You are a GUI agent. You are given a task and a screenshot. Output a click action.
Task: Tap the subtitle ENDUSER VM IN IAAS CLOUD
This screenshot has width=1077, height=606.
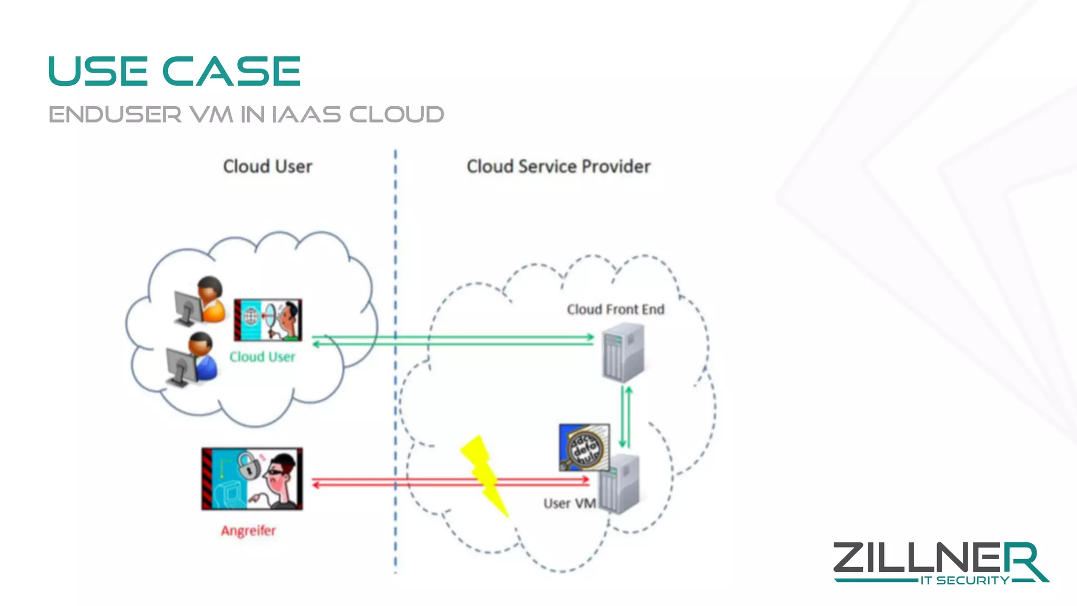246,115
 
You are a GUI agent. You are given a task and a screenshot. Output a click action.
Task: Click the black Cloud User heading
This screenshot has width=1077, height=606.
268,167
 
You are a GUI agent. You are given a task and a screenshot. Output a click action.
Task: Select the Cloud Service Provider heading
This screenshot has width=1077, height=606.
558,167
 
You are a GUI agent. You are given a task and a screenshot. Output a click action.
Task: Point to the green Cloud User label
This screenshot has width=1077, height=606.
262,357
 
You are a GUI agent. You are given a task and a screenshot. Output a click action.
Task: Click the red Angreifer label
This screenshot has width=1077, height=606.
248,531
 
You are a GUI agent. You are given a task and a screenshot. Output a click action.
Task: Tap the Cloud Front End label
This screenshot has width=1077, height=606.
615,309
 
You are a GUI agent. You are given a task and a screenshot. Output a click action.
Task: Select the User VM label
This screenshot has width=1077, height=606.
570,503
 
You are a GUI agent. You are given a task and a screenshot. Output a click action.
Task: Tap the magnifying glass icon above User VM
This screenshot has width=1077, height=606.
584,447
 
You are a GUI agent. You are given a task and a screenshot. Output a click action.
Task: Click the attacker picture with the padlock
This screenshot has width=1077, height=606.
252,479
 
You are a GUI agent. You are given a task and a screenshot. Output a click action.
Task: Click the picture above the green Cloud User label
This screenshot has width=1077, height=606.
268,320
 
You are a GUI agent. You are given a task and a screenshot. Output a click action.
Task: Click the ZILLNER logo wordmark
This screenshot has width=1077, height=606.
936,559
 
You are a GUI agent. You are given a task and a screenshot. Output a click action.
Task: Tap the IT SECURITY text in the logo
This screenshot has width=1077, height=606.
964,580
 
